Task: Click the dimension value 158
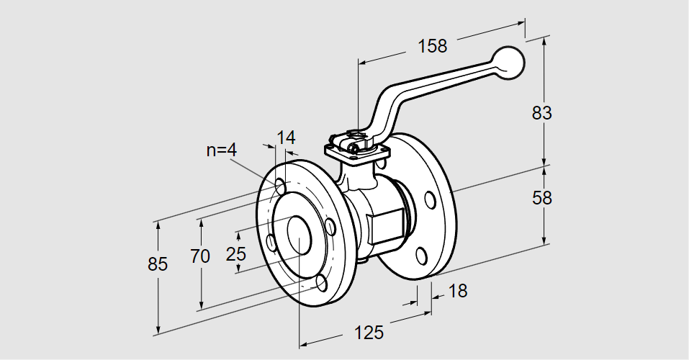tap(432, 46)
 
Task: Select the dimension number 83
tap(541, 113)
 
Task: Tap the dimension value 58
tap(541, 198)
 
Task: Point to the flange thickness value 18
tap(457, 291)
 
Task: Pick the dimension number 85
tap(158, 264)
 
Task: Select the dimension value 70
tap(201, 256)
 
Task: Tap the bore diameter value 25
tap(236, 253)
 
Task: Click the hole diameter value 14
tap(286, 138)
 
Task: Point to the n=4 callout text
tap(222, 150)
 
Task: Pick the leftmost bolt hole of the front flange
tap(271, 243)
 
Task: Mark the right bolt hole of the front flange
tap(330, 227)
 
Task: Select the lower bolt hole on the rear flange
tap(422, 256)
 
